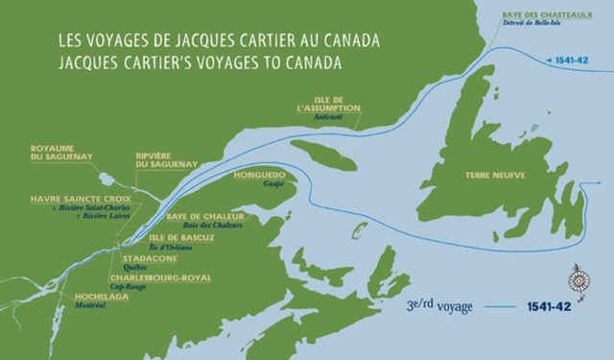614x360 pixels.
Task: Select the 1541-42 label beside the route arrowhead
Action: point(572,60)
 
